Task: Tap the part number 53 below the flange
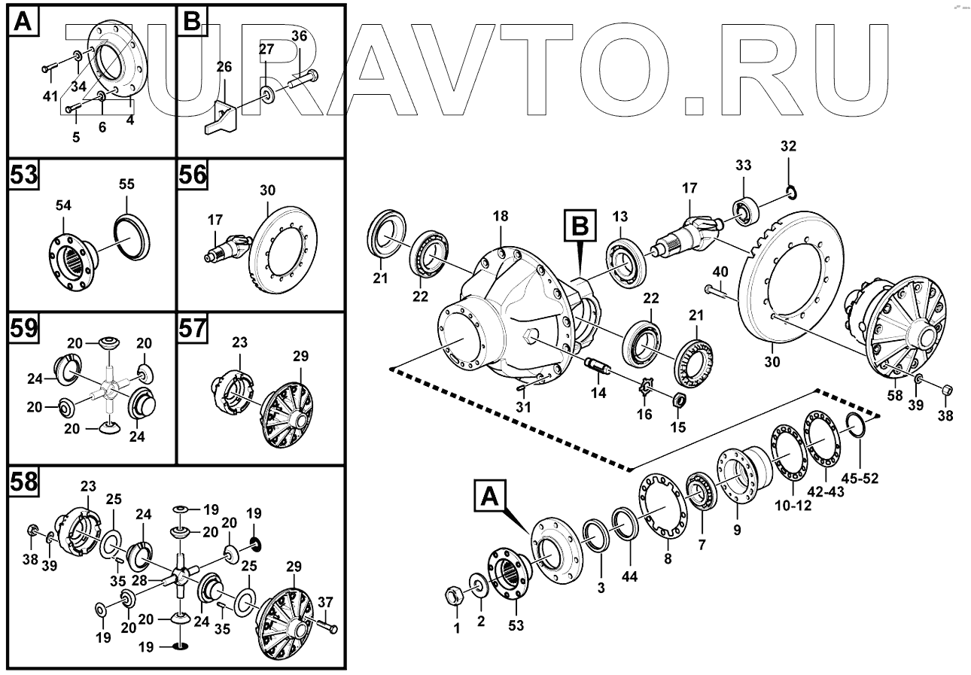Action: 516,625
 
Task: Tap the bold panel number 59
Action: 24,329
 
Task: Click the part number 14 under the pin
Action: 598,393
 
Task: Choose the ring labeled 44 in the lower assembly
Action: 625,523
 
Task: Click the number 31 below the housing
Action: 523,407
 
